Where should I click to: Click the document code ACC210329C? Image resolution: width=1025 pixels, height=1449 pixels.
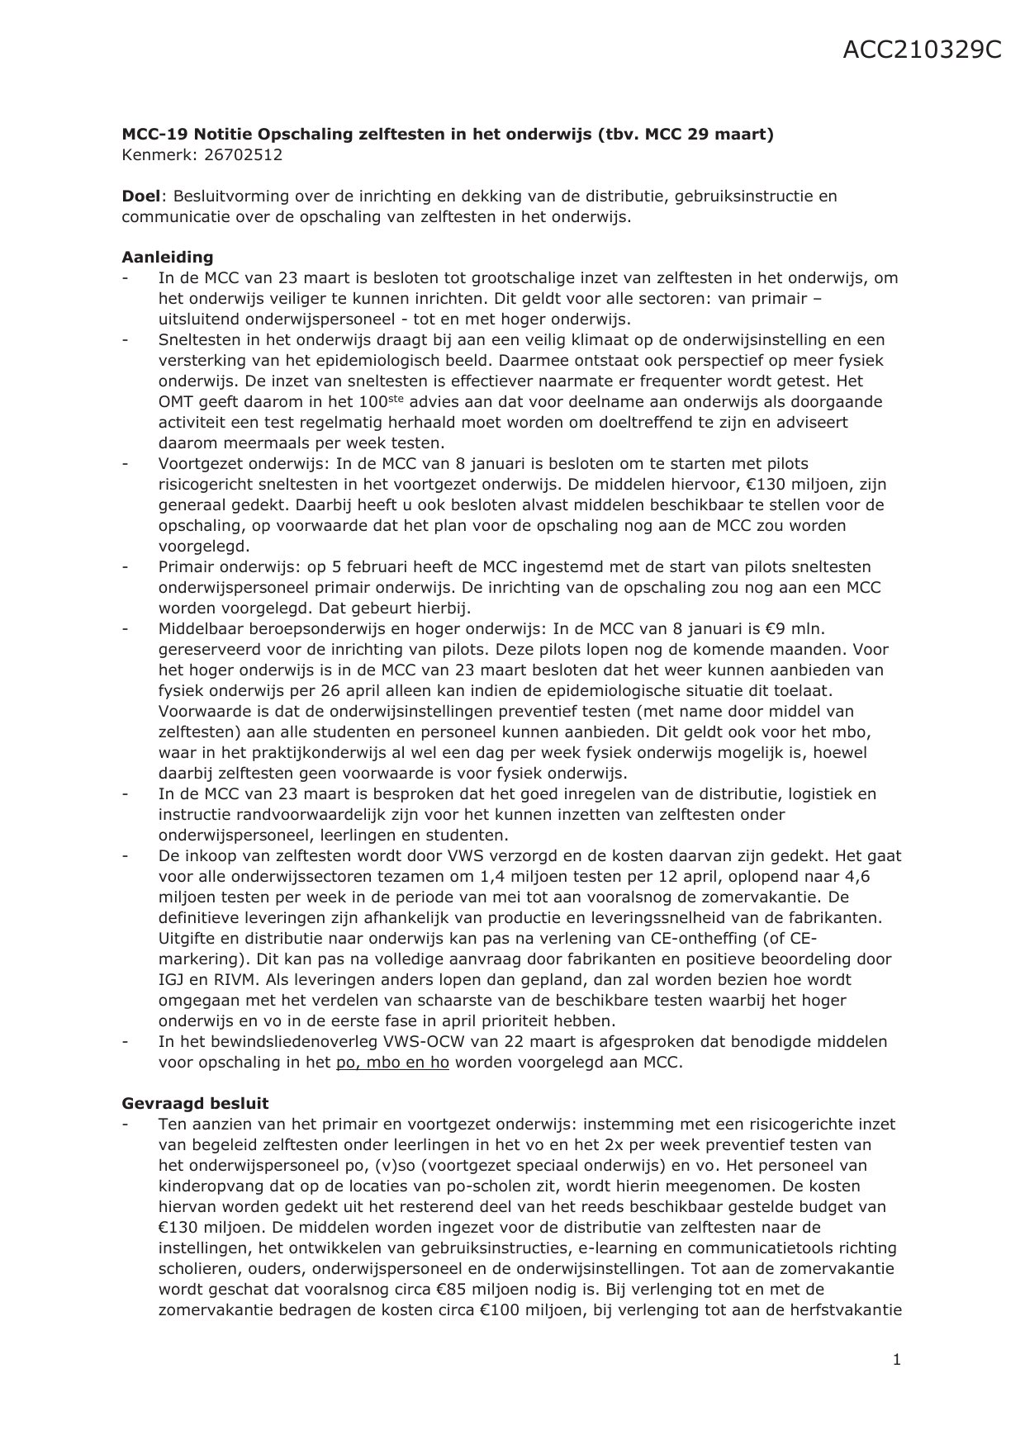point(922,50)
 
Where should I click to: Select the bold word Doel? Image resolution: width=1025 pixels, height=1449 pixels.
point(141,197)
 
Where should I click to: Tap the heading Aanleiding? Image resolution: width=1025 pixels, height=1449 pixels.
point(168,257)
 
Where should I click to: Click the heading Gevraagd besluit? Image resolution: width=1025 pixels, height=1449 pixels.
point(195,1103)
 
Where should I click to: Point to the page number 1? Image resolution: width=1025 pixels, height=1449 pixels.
point(896,1359)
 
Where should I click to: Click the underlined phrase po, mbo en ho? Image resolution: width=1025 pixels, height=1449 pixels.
point(392,1063)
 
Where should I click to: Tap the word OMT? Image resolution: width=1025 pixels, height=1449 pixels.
point(176,402)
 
